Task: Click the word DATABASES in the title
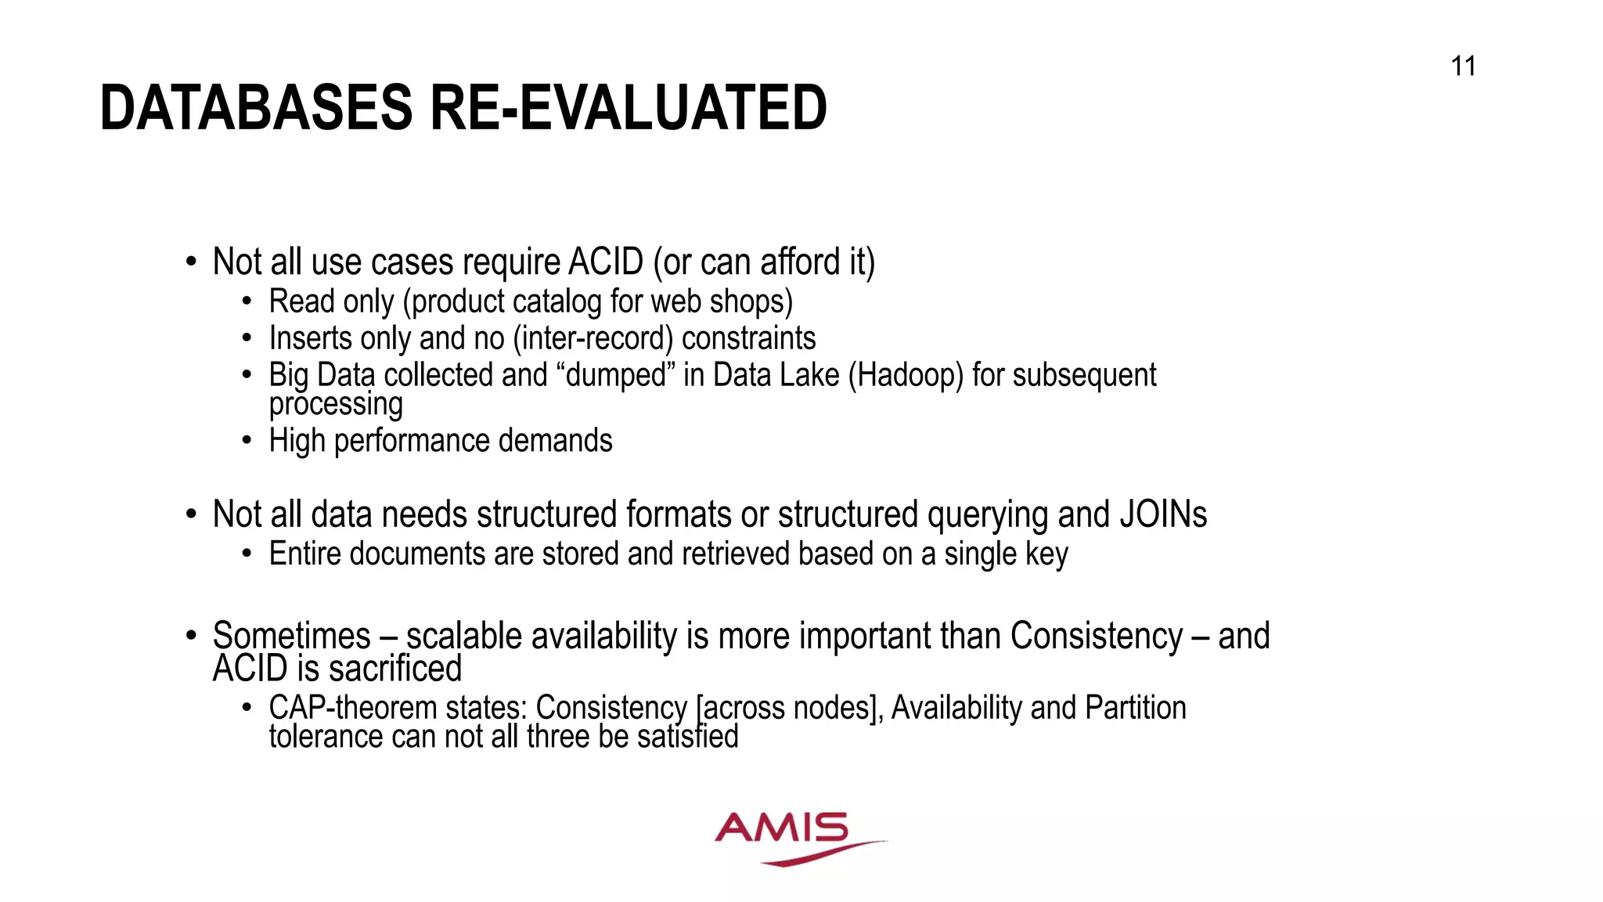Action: coord(256,108)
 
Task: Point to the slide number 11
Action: coord(1463,67)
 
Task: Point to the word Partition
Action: coord(1136,708)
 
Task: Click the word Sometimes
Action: coord(291,636)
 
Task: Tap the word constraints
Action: coord(748,339)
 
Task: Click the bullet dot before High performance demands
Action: coord(247,441)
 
